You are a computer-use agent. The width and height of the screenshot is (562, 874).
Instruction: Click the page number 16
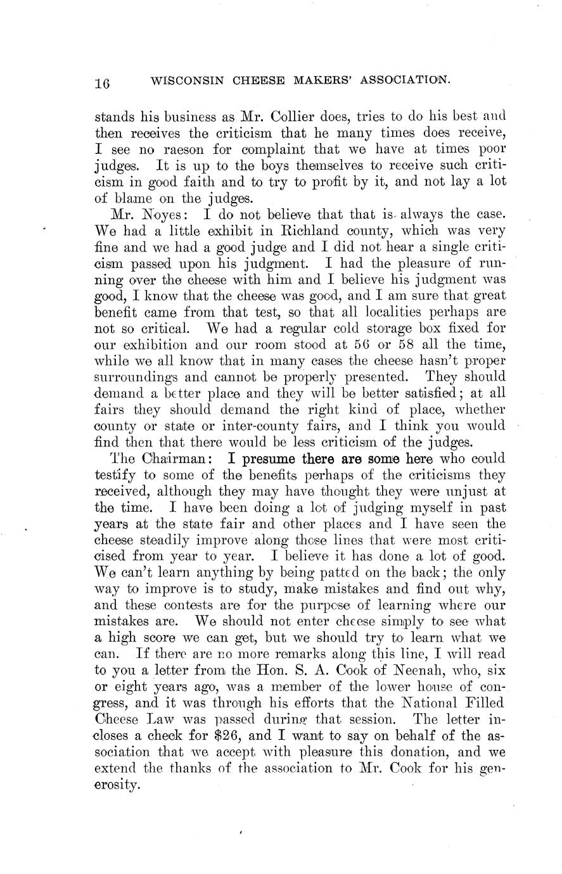(103, 83)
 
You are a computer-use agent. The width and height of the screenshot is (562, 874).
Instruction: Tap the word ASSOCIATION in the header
(397, 80)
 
